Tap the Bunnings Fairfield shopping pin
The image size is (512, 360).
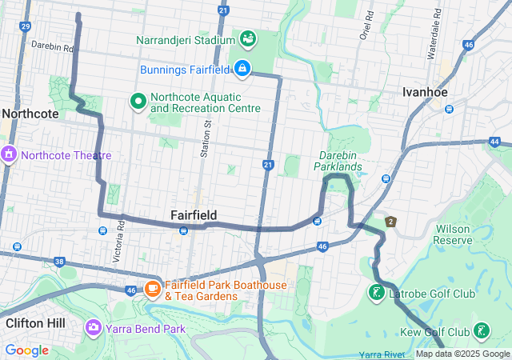242,70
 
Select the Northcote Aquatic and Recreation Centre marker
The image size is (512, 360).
137,102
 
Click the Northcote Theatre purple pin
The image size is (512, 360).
9,154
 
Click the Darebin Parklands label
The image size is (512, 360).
341,160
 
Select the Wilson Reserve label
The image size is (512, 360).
453,234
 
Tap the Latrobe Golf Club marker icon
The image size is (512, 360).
376,294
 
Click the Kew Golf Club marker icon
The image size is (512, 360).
481,331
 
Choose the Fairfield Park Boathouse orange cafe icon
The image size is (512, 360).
152,289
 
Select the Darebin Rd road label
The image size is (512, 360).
52,47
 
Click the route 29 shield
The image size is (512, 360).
25,26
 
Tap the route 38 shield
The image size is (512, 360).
59,261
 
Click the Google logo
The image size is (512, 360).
26,350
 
